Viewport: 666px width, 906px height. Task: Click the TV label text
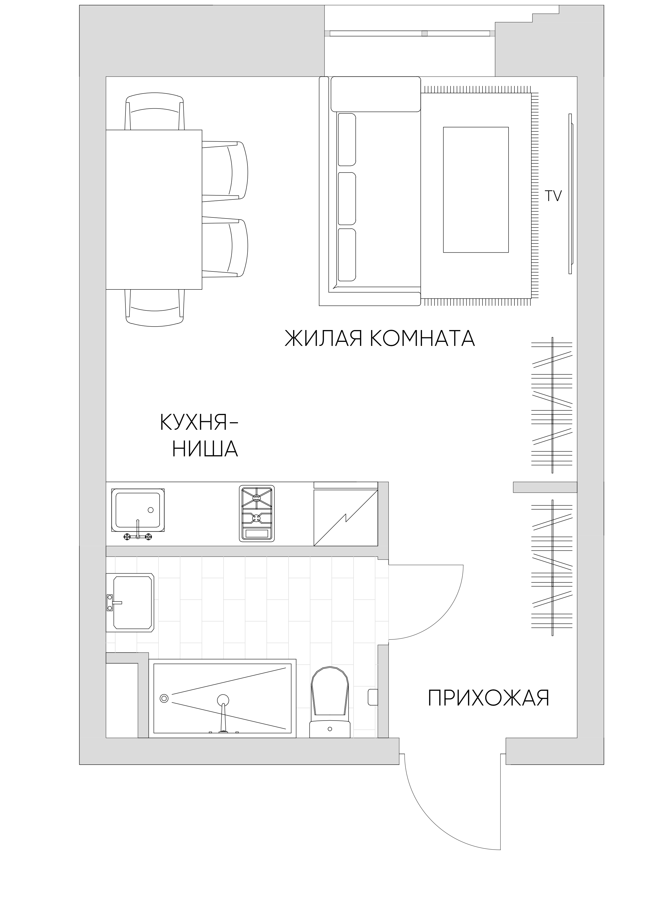(x=553, y=196)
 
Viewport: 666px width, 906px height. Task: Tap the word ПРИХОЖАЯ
(x=488, y=698)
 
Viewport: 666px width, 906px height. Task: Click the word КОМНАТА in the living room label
(x=422, y=338)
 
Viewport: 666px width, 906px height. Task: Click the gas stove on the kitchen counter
(x=257, y=513)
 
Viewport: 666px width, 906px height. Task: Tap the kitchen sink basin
(x=138, y=510)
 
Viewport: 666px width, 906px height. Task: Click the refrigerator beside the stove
(x=345, y=514)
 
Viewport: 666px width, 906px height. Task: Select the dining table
(x=154, y=210)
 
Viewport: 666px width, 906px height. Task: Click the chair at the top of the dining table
(x=155, y=113)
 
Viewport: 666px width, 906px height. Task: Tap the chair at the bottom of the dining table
(x=155, y=307)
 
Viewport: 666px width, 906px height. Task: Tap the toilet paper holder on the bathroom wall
(x=373, y=697)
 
